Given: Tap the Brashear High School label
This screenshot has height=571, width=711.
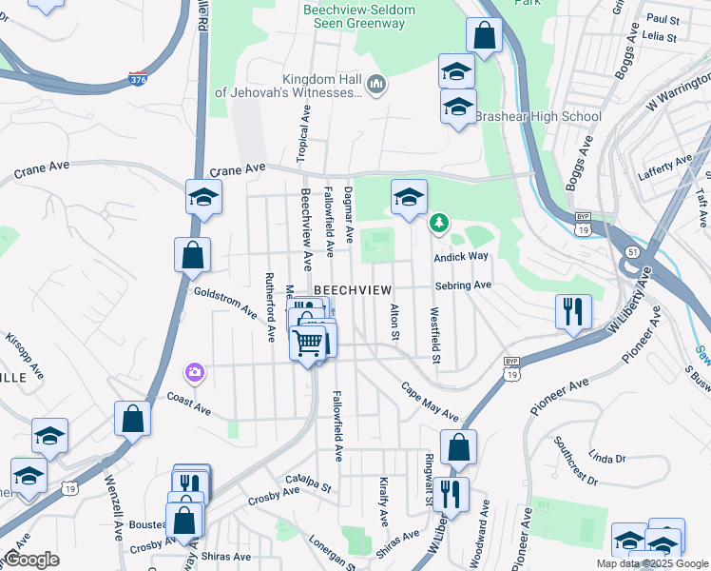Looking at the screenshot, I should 538,117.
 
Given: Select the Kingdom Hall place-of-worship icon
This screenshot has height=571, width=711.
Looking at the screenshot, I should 377,86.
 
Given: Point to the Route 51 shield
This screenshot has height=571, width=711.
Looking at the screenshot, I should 632,251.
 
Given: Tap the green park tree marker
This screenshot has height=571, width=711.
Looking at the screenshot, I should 438,224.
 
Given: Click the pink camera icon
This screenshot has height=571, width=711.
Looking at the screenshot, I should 195,371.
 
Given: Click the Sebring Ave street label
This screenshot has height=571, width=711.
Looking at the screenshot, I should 463,285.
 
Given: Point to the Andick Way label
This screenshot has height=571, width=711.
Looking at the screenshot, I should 461,256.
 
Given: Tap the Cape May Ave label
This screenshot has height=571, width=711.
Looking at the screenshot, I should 430,404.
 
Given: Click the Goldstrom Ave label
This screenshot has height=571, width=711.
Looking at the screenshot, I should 225,302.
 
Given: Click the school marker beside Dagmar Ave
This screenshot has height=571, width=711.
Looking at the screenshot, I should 409,197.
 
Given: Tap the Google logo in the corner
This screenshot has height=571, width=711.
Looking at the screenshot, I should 31,560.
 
